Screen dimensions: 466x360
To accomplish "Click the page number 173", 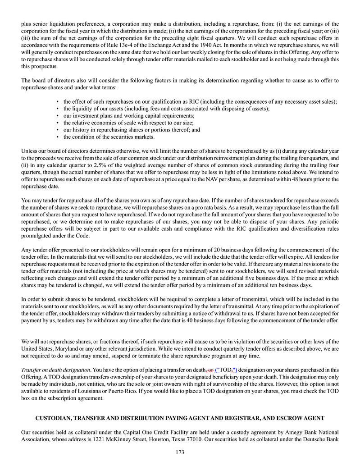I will click(x=180, y=452).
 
